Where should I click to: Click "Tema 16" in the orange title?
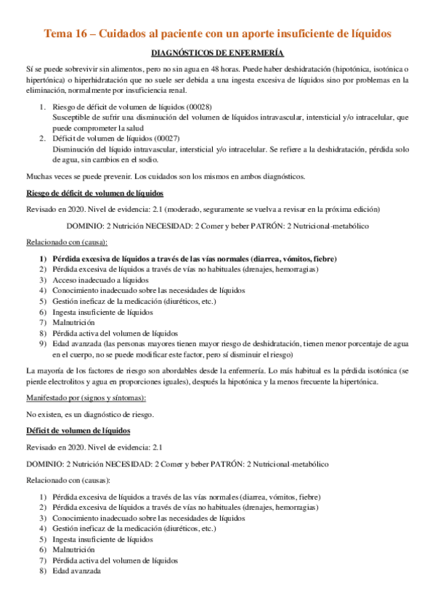coord(67,33)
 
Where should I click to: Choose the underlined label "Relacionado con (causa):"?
coord(67,242)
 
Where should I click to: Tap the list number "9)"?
coord(44,344)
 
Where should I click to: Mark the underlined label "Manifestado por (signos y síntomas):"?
coord(86,398)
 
